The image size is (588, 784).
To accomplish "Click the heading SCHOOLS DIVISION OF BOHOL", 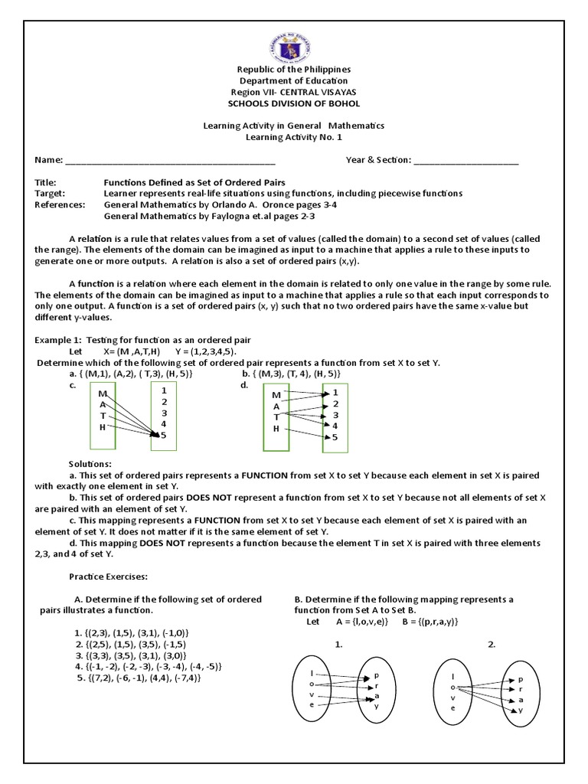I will coord(293,103).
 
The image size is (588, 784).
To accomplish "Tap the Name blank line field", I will coord(170,162).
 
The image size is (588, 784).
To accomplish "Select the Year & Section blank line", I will coord(465,162).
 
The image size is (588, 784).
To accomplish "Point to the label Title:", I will coord(46,183).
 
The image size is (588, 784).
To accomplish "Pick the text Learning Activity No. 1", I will coord(293,136).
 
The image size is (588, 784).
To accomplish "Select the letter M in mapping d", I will coord(276,394).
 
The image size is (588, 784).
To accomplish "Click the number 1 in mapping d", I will coord(335,393).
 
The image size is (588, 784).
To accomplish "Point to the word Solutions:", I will coord(90,465).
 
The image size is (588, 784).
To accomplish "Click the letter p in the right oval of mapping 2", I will coord(521,679).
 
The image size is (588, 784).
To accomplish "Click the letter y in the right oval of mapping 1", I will coord(376,707).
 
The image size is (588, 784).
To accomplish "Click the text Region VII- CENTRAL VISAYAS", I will coord(293,92).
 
